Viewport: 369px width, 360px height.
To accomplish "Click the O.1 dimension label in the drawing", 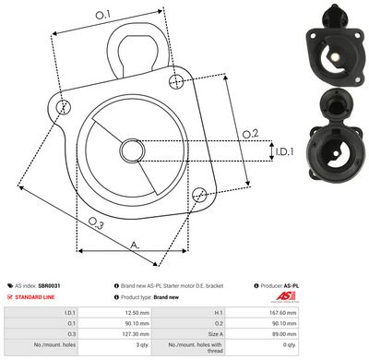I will (102, 15).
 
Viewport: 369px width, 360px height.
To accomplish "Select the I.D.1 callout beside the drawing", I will (284, 150).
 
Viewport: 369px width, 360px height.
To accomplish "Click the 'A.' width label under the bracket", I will (136, 245).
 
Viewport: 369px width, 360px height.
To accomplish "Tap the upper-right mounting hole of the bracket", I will (176, 82).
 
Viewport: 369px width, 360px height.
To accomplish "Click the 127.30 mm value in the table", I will (137, 336).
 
